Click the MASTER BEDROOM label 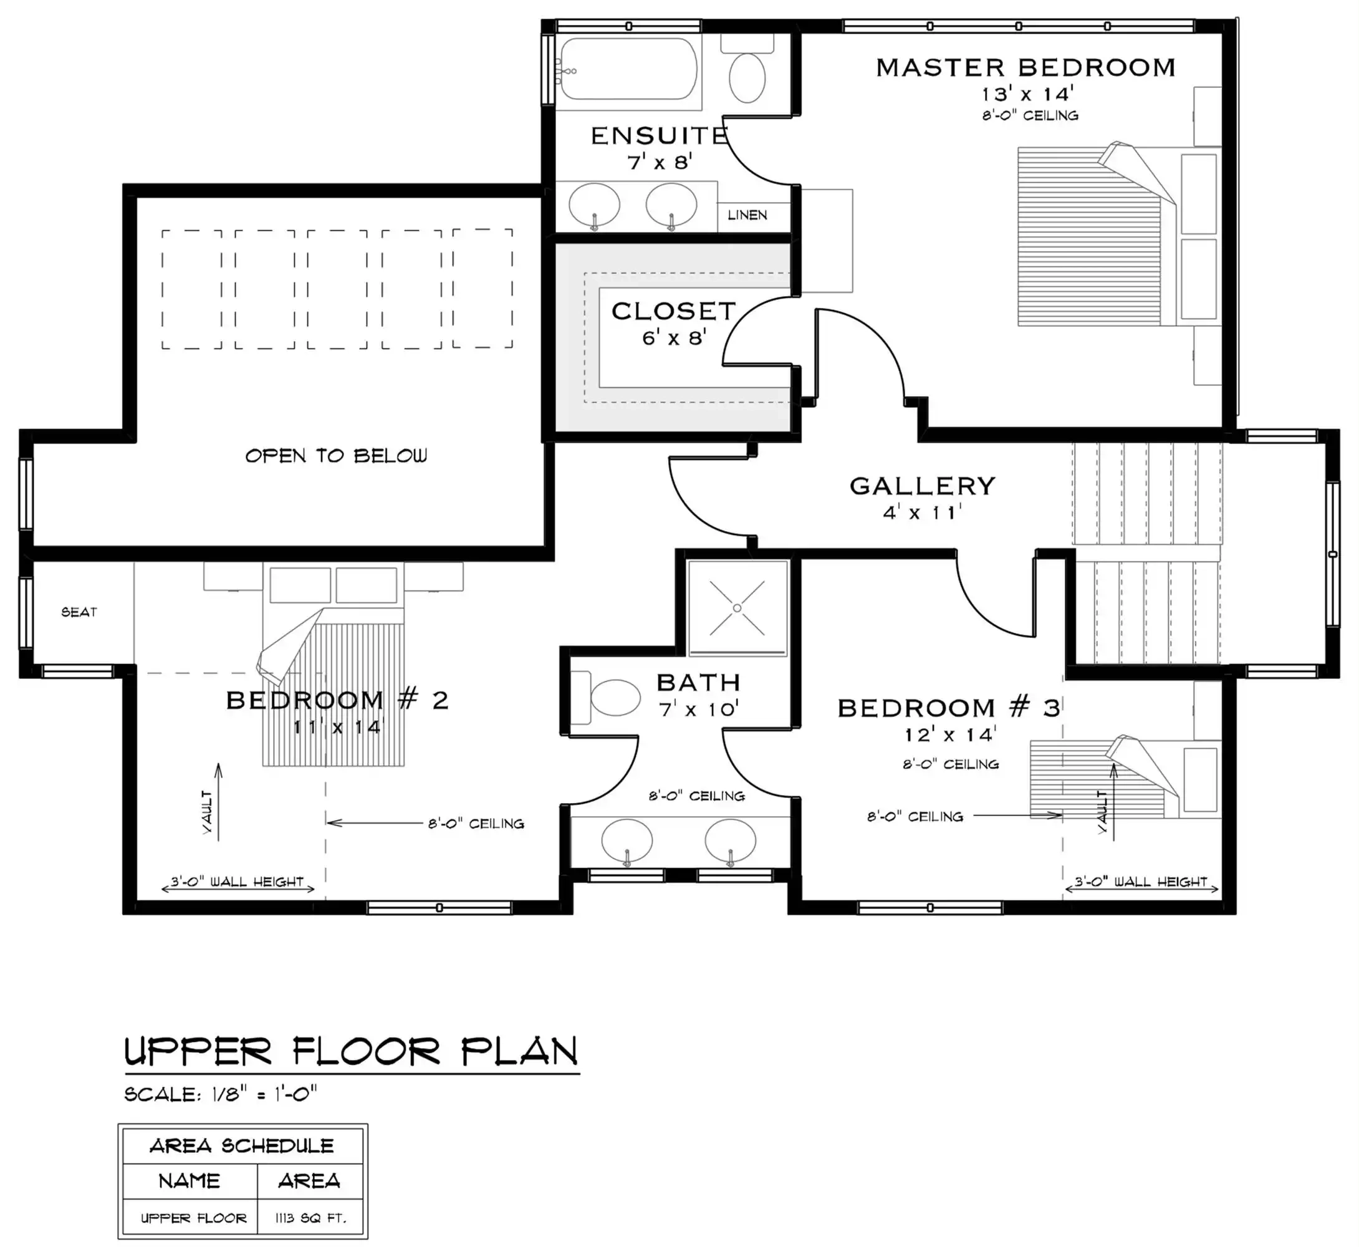point(1025,67)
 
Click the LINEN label point(747,214)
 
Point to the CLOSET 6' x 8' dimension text point(673,337)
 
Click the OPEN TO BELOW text point(335,456)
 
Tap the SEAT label point(79,612)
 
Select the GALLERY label point(922,486)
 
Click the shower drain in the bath point(737,608)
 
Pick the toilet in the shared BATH point(611,697)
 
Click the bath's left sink point(626,840)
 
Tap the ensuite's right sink point(671,205)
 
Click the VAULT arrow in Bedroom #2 point(218,799)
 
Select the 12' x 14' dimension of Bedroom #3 point(950,735)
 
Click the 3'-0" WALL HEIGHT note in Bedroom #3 point(1140,882)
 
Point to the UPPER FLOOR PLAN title point(351,1052)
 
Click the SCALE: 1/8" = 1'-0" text point(221,1094)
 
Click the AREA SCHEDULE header point(242,1146)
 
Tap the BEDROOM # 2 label point(337,700)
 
